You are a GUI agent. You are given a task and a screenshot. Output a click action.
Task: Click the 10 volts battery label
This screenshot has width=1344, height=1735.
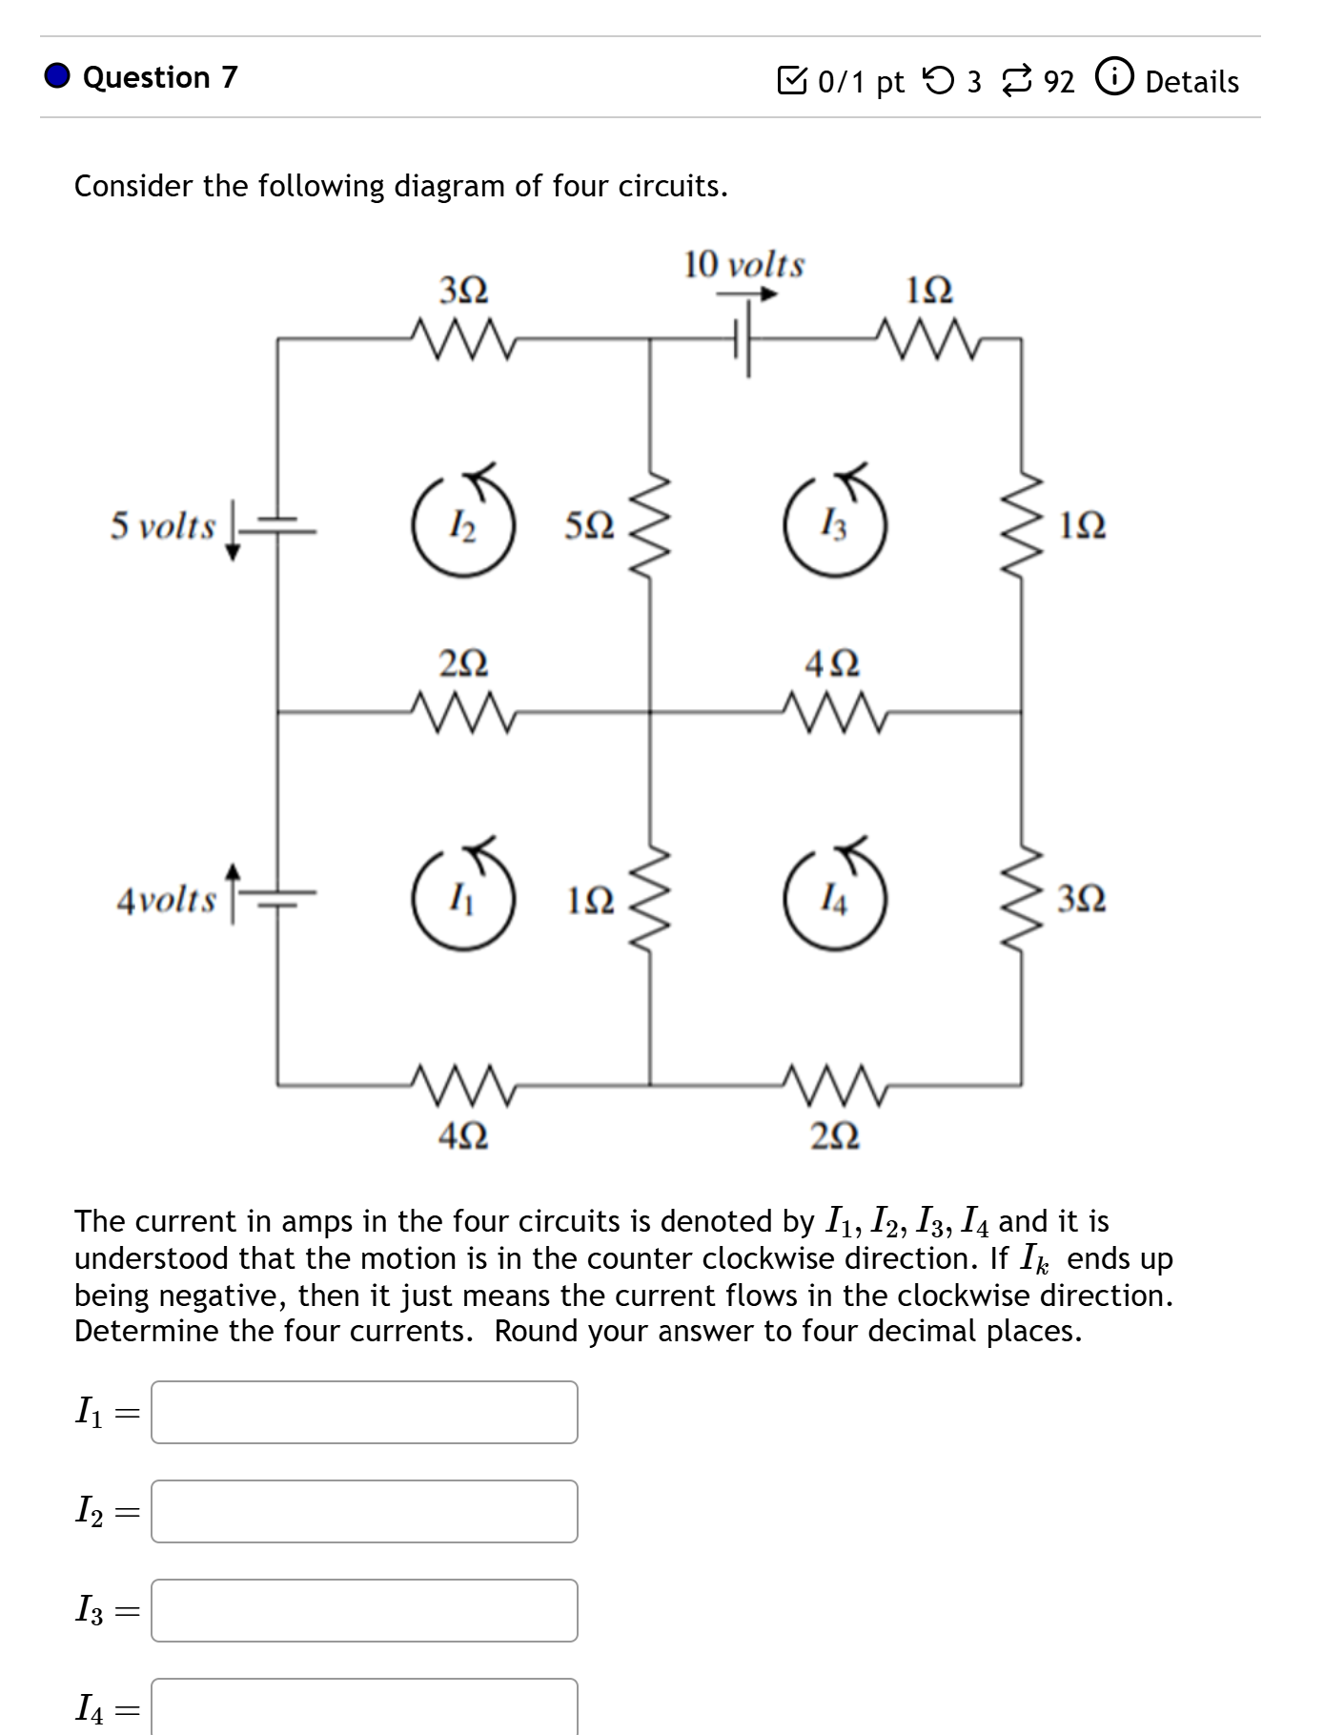click(x=743, y=264)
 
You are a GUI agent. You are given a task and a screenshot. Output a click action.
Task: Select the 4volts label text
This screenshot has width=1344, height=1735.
click(x=166, y=899)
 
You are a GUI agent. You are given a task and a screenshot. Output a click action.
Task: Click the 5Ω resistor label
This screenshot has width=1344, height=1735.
click(x=589, y=525)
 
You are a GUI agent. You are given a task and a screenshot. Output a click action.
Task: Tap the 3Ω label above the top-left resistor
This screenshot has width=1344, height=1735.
click(x=463, y=289)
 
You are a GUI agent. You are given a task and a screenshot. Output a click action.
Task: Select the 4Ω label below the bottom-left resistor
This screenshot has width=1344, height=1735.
click(x=463, y=1134)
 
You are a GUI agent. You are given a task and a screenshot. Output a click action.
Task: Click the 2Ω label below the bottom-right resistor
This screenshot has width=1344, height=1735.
click(x=835, y=1134)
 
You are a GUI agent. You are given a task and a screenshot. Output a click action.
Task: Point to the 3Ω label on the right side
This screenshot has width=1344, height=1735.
click(x=1082, y=898)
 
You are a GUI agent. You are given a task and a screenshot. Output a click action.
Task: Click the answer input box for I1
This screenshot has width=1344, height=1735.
click(x=364, y=1412)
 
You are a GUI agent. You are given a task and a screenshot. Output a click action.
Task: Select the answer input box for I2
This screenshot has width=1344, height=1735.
click(x=364, y=1511)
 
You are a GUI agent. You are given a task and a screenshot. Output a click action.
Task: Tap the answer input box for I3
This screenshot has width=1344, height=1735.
click(x=364, y=1610)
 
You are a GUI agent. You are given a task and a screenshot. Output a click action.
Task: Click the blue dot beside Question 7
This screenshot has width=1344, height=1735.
click(x=57, y=76)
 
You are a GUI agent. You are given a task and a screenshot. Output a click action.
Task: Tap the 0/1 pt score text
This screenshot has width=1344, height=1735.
click(x=860, y=82)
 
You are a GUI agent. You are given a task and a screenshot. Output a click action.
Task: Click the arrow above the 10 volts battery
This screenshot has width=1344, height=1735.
click(x=748, y=295)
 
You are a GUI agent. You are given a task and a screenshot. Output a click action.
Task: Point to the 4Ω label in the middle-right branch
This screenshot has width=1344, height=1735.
click(x=832, y=663)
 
